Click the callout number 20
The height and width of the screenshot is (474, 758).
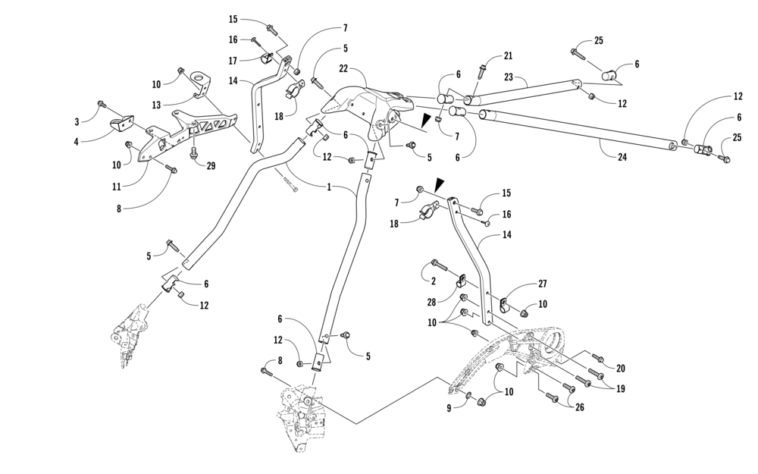(x=621, y=369)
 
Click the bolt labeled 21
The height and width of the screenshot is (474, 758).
(x=482, y=73)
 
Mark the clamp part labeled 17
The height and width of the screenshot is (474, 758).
(x=267, y=59)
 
